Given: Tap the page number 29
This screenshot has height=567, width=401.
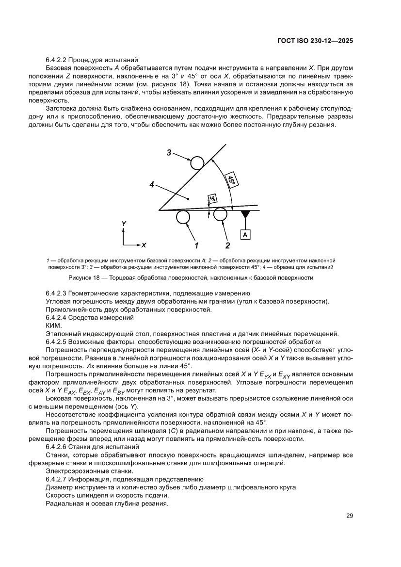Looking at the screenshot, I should point(349,516).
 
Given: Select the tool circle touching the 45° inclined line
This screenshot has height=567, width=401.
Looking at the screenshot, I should point(197,162).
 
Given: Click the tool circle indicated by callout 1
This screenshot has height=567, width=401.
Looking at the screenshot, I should point(183,218).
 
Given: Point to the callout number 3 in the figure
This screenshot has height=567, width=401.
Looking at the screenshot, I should point(169,153).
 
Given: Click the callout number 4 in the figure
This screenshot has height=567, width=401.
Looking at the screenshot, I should point(152,185).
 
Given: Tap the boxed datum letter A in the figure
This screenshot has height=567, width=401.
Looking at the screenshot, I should point(245,235).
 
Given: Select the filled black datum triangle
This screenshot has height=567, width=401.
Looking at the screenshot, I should point(245,214).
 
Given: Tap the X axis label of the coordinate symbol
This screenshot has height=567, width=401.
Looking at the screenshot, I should point(144,245).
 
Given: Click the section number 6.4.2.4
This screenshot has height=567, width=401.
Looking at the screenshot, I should point(59,317).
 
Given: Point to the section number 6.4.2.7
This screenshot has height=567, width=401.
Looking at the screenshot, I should point(59,479).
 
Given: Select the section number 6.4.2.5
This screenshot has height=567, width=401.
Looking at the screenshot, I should point(59,341).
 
